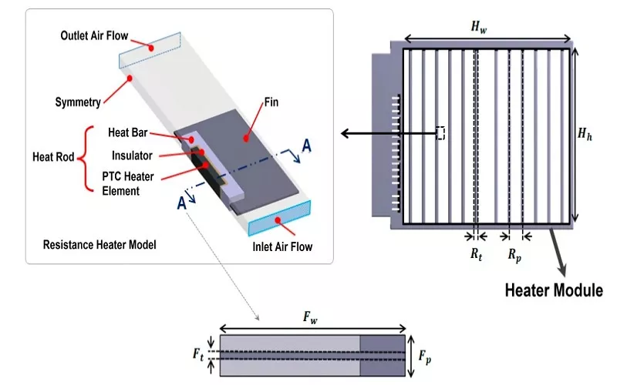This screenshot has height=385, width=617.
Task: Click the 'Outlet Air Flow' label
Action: click(94, 36)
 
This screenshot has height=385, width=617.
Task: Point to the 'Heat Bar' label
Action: click(128, 133)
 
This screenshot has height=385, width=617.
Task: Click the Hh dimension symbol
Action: click(587, 133)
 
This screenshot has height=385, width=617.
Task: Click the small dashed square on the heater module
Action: click(440, 133)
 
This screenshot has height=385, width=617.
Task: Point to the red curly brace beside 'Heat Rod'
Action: click(86, 157)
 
